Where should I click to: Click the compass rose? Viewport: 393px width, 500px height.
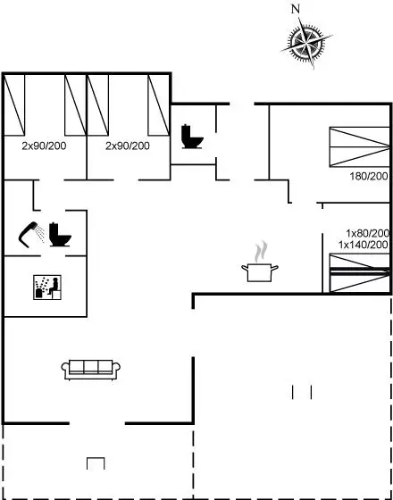click(307, 42)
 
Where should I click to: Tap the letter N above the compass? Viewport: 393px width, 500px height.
click(296, 9)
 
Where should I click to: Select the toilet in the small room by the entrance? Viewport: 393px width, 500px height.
click(192, 137)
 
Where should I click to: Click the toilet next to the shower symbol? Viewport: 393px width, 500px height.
click(60, 234)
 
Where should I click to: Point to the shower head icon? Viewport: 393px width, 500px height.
click(31, 235)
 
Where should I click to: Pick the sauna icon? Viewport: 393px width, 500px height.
click(47, 287)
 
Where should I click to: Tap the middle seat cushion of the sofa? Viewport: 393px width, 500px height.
click(91, 367)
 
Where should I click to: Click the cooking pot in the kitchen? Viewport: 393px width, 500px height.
click(260, 272)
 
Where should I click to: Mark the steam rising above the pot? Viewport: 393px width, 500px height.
click(261, 252)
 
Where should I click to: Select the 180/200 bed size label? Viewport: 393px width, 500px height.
click(369, 176)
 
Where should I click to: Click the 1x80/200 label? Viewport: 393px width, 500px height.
click(368, 233)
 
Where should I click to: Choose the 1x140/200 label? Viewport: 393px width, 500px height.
click(364, 245)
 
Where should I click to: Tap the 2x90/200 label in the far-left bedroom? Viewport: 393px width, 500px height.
click(44, 146)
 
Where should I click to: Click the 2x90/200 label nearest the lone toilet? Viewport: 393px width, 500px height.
click(128, 146)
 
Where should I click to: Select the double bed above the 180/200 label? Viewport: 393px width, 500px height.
click(359, 146)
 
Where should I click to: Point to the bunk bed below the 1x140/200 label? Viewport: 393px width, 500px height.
click(359, 273)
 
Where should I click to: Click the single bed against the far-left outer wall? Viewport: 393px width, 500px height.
click(14, 105)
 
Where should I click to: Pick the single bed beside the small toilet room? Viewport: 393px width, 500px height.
click(159, 105)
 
